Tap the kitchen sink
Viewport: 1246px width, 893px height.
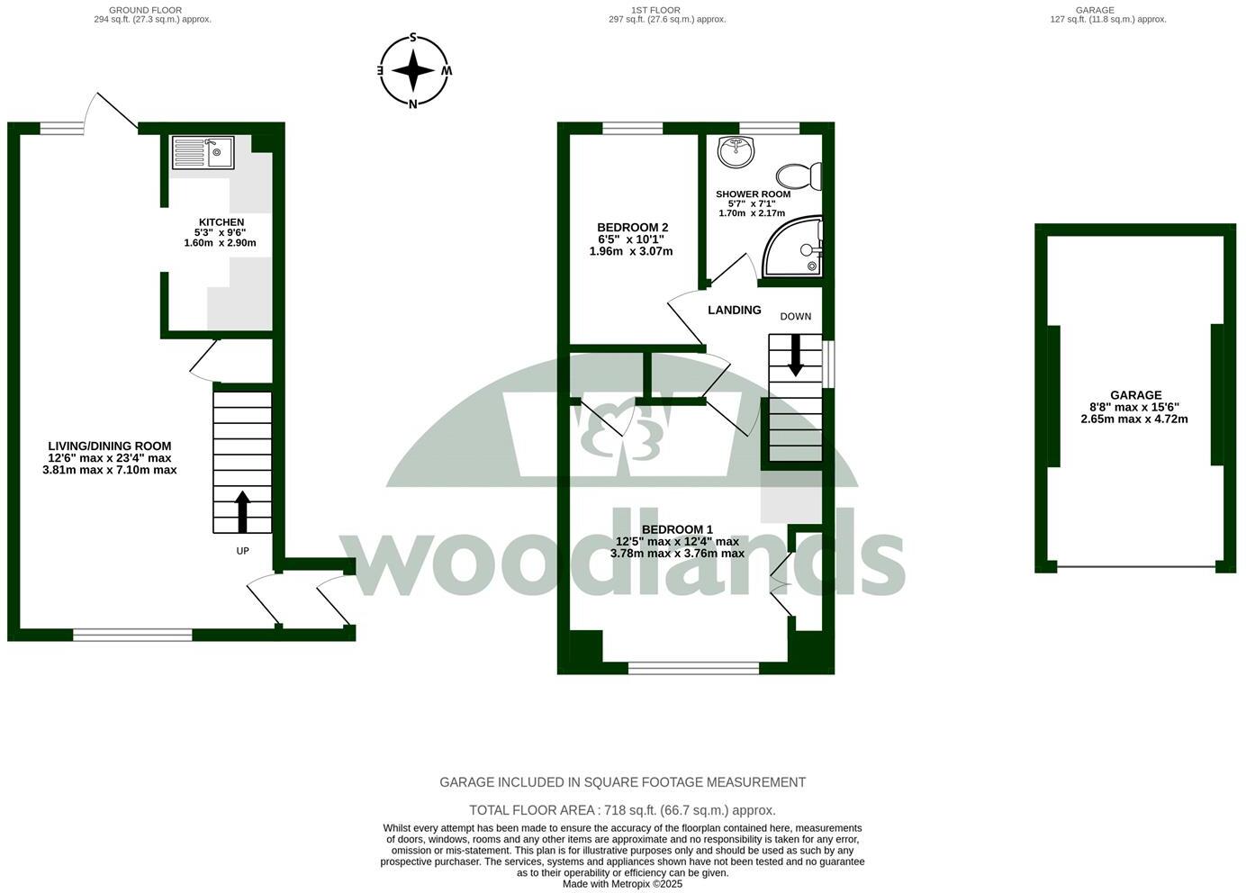point(203,152)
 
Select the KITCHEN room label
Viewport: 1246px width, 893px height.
point(221,222)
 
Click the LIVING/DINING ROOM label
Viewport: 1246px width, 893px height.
point(109,446)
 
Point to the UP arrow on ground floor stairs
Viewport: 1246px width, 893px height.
point(242,511)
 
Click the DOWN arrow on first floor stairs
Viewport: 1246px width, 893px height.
point(795,355)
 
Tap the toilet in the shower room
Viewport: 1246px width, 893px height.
point(800,175)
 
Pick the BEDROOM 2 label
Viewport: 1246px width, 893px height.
point(632,228)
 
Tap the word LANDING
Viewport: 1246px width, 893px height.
point(734,310)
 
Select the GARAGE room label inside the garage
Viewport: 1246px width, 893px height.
point(1134,395)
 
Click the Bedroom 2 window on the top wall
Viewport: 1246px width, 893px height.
point(632,129)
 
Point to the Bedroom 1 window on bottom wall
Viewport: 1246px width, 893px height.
point(693,668)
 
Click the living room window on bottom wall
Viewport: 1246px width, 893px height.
point(133,635)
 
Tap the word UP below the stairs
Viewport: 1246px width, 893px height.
point(242,551)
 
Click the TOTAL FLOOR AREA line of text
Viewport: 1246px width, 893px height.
point(622,810)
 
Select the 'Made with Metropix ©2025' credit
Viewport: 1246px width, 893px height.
point(622,884)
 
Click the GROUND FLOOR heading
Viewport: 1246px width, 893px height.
point(152,10)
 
